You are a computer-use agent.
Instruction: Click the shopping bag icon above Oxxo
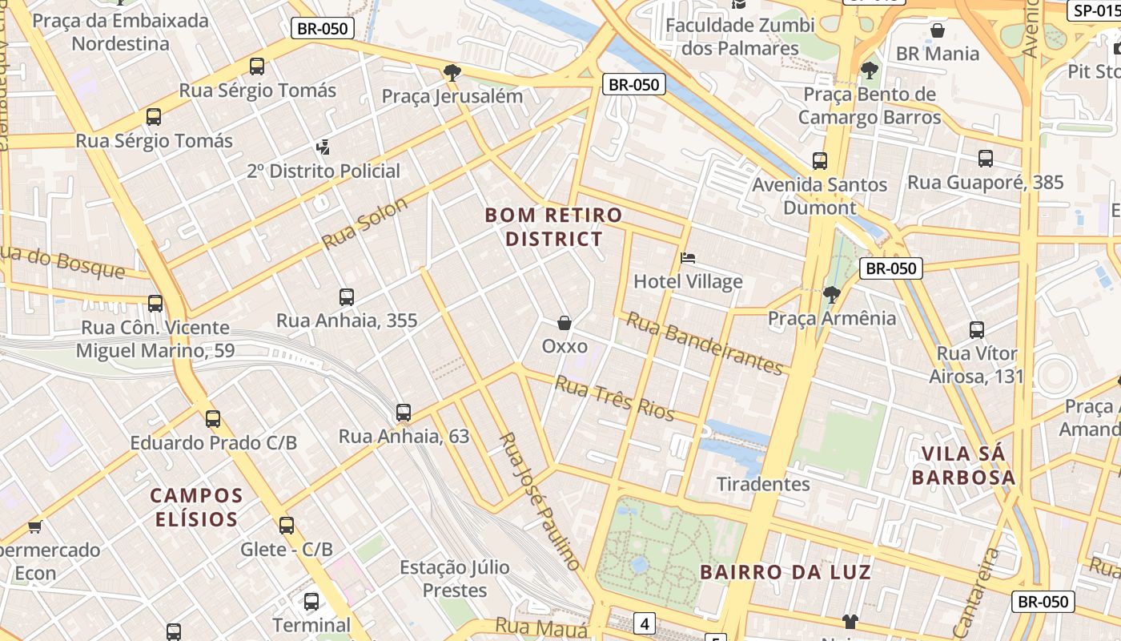pyautogui.click(x=565, y=323)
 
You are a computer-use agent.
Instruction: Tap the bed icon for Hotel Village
pyautogui.click(x=688, y=258)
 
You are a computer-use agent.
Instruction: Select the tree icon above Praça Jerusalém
pyautogui.click(x=452, y=73)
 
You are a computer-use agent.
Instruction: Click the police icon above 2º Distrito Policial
pyautogui.click(x=323, y=147)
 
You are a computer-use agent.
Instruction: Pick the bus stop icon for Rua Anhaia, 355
pyautogui.click(x=347, y=297)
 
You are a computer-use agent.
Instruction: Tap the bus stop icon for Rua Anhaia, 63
pyautogui.click(x=404, y=413)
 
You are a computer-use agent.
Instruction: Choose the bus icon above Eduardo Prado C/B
pyautogui.click(x=213, y=419)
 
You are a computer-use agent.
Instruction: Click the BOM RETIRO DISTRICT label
pyautogui.click(x=553, y=227)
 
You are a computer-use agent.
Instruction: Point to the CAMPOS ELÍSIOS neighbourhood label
pyautogui.click(x=196, y=507)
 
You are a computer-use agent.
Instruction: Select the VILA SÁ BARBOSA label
pyautogui.click(x=968, y=466)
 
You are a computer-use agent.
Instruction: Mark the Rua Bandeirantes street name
pyautogui.click(x=704, y=343)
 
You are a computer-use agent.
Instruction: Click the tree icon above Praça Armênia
pyautogui.click(x=832, y=295)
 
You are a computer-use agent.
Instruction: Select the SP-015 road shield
pyautogui.click(x=1095, y=10)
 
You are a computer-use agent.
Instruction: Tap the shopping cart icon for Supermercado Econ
pyautogui.click(x=34, y=526)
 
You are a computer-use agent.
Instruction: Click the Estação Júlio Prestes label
pyautogui.click(x=455, y=579)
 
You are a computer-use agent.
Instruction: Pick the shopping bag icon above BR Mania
pyautogui.click(x=938, y=30)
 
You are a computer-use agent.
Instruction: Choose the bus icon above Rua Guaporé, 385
pyautogui.click(x=986, y=159)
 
